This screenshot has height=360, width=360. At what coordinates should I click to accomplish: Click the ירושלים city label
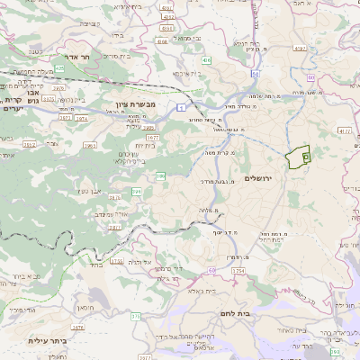[x=263, y=178]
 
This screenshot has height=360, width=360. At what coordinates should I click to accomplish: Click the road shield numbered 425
[x=59, y=67]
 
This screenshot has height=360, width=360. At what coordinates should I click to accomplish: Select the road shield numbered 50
[x=256, y=72]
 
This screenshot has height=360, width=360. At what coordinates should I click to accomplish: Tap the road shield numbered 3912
[x=29, y=143]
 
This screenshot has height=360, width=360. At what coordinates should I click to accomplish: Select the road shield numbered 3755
[x=116, y=262]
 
